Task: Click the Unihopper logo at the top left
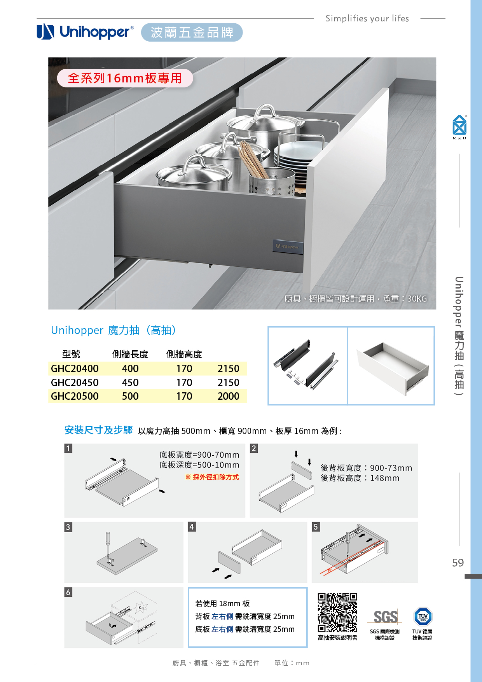click(85, 31)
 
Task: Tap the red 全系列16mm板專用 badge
click(125, 78)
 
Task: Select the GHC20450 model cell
click(75, 383)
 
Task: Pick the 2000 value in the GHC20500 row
click(229, 396)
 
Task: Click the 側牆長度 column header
click(130, 354)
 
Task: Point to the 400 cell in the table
click(130, 369)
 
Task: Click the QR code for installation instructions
click(337, 613)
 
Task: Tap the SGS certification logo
click(385, 617)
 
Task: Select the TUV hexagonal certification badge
click(423, 616)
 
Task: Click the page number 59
click(458, 563)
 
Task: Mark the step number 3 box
click(68, 527)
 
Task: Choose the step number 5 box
click(316, 526)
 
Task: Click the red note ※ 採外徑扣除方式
click(212, 477)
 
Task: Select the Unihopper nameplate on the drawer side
click(288, 247)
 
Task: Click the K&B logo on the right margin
click(459, 127)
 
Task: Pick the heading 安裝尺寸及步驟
click(99, 430)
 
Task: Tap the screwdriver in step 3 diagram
click(108, 546)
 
